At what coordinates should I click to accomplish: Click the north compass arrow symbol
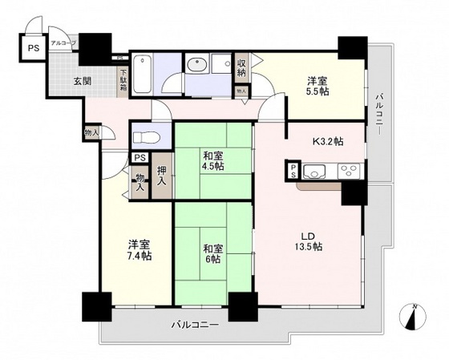(413, 319)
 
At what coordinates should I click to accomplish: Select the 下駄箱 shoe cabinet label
(123, 82)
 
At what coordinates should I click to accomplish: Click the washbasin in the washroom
(197, 67)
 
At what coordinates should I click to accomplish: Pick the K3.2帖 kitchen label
(327, 141)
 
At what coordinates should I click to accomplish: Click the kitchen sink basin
(314, 170)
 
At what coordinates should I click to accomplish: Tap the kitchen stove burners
(350, 170)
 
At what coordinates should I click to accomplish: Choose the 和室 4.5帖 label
(212, 160)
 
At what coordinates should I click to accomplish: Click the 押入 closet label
(162, 176)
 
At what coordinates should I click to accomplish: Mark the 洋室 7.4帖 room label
(137, 250)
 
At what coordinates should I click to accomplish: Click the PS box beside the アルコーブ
(33, 47)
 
